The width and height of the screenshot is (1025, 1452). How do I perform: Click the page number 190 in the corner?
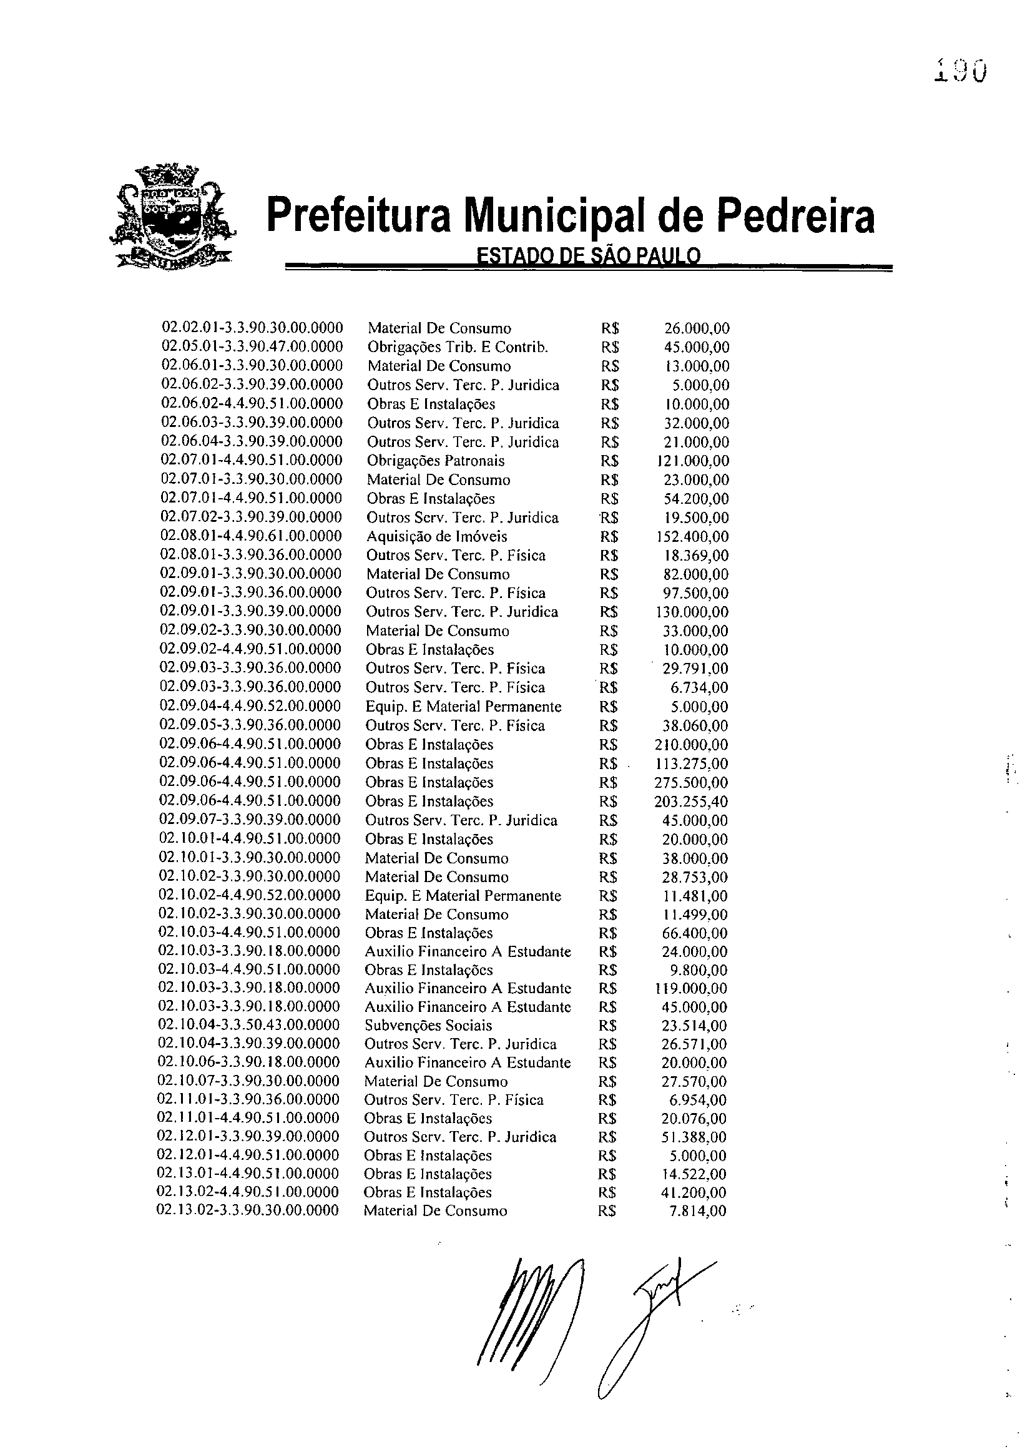pos(960,71)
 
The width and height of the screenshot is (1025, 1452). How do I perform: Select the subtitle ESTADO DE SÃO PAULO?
pos(588,256)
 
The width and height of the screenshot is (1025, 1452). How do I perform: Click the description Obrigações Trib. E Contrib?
pos(458,347)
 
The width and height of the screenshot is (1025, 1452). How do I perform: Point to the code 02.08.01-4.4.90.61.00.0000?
pos(252,536)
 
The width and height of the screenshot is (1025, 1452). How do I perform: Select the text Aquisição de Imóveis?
pos(437,537)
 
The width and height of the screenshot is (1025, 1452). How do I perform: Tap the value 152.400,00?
pos(692,537)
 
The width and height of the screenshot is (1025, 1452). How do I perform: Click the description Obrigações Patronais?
pos(436,461)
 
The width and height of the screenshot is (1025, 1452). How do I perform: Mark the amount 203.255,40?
pos(691,802)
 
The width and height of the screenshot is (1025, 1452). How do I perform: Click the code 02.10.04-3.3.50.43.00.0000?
pos(249,1024)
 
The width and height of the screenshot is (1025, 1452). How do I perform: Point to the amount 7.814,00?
pos(698,1211)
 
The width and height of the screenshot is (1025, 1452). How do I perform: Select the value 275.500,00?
pos(691,783)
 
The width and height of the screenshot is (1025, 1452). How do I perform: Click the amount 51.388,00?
pos(694,1137)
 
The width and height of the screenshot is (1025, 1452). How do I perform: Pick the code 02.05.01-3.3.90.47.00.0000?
pos(252,346)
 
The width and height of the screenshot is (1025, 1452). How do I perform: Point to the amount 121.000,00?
pos(693,461)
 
